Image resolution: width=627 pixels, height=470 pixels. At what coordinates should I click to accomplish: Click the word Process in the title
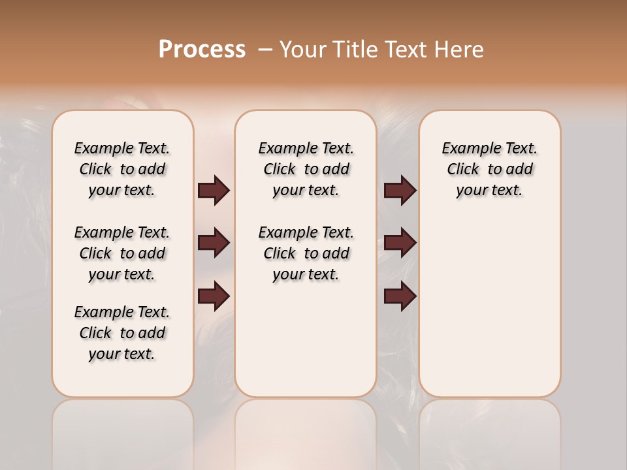[x=202, y=50]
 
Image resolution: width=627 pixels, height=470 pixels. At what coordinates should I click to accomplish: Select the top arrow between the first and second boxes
[x=214, y=191]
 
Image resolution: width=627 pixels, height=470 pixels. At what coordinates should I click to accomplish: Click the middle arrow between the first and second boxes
[x=214, y=243]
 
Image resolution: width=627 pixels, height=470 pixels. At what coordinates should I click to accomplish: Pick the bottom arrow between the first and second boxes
[x=214, y=296]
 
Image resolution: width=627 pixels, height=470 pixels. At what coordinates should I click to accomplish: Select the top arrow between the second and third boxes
[x=400, y=191]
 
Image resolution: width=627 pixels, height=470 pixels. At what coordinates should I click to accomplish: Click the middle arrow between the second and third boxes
[x=400, y=243]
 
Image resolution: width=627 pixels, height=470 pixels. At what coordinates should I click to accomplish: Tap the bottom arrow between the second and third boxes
[x=400, y=296]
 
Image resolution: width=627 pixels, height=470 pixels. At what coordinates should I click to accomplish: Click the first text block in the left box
[x=122, y=169]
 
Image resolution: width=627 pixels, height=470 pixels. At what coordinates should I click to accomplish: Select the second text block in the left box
[x=122, y=253]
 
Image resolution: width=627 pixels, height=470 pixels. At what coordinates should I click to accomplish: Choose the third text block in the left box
[x=122, y=333]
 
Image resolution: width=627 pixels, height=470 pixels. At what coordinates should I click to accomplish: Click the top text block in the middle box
[x=306, y=169]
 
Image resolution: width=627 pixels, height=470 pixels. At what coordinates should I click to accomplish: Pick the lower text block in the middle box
[x=306, y=253]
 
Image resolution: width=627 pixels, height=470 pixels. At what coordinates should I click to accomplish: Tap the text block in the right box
[x=489, y=169]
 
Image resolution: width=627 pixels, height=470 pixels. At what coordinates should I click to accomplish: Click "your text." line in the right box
[x=489, y=190]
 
